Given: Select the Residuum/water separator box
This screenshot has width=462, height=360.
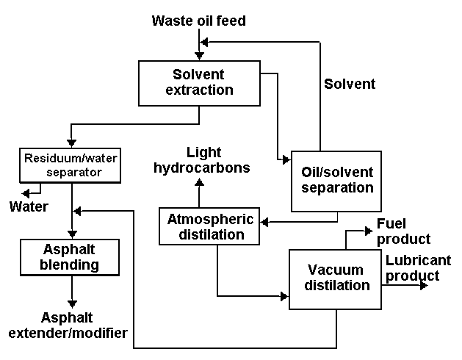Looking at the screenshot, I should (x=71, y=165).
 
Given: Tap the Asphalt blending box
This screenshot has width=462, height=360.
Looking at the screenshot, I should (x=71, y=256).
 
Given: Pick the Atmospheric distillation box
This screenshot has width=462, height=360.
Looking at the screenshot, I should (x=211, y=227).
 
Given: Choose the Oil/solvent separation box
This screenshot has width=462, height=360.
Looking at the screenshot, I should (x=337, y=181).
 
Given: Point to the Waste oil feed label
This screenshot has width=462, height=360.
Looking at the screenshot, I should (x=198, y=21).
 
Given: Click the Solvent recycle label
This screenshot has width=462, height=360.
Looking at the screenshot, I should (x=350, y=84).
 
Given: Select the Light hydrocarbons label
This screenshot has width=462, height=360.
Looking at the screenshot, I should (x=202, y=160).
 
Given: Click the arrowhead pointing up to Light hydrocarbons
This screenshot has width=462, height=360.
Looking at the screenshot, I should (x=199, y=182).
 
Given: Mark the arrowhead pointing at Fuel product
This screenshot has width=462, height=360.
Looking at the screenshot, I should (x=369, y=231).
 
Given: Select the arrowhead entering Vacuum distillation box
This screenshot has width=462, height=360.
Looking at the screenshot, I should (x=285, y=297).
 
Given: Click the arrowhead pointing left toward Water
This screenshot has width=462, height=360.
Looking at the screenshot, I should (x=25, y=192).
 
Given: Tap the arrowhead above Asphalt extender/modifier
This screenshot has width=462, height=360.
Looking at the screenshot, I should (x=71, y=303).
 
